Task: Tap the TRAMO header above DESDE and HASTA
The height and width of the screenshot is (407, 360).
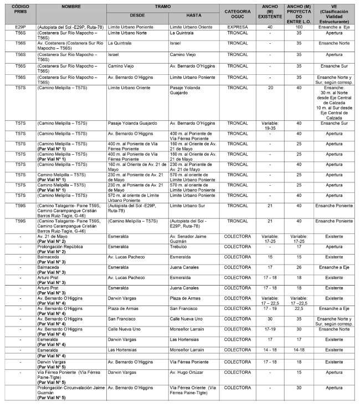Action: click(x=163, y=6)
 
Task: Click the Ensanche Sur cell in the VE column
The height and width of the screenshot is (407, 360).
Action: click(x=334, y=123)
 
